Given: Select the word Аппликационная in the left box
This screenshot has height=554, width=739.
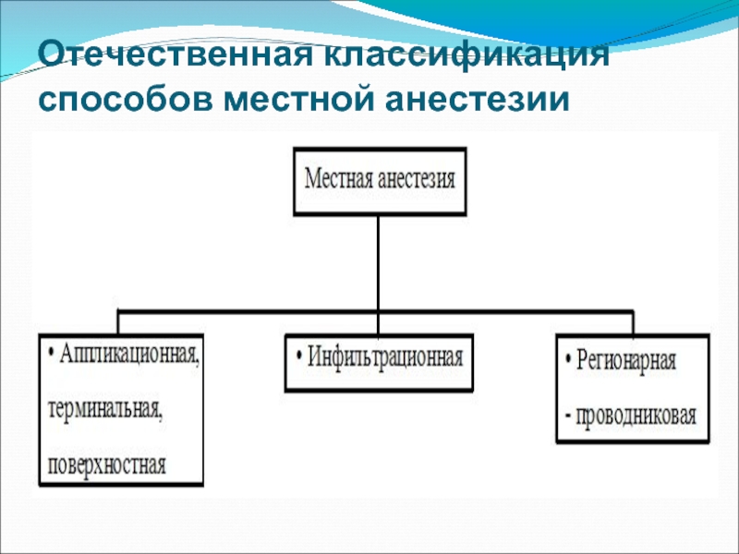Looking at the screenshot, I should [130, 354].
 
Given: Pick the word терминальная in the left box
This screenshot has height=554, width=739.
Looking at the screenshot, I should [103, 407].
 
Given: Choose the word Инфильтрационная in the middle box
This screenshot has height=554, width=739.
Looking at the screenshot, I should [384, 356].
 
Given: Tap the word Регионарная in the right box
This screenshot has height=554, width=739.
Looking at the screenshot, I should [627, 360].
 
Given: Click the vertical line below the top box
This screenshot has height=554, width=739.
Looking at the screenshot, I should [377, 263].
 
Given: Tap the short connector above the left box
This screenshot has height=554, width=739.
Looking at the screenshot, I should [118, 321].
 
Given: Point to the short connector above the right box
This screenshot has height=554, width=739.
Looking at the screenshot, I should [632, 323].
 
